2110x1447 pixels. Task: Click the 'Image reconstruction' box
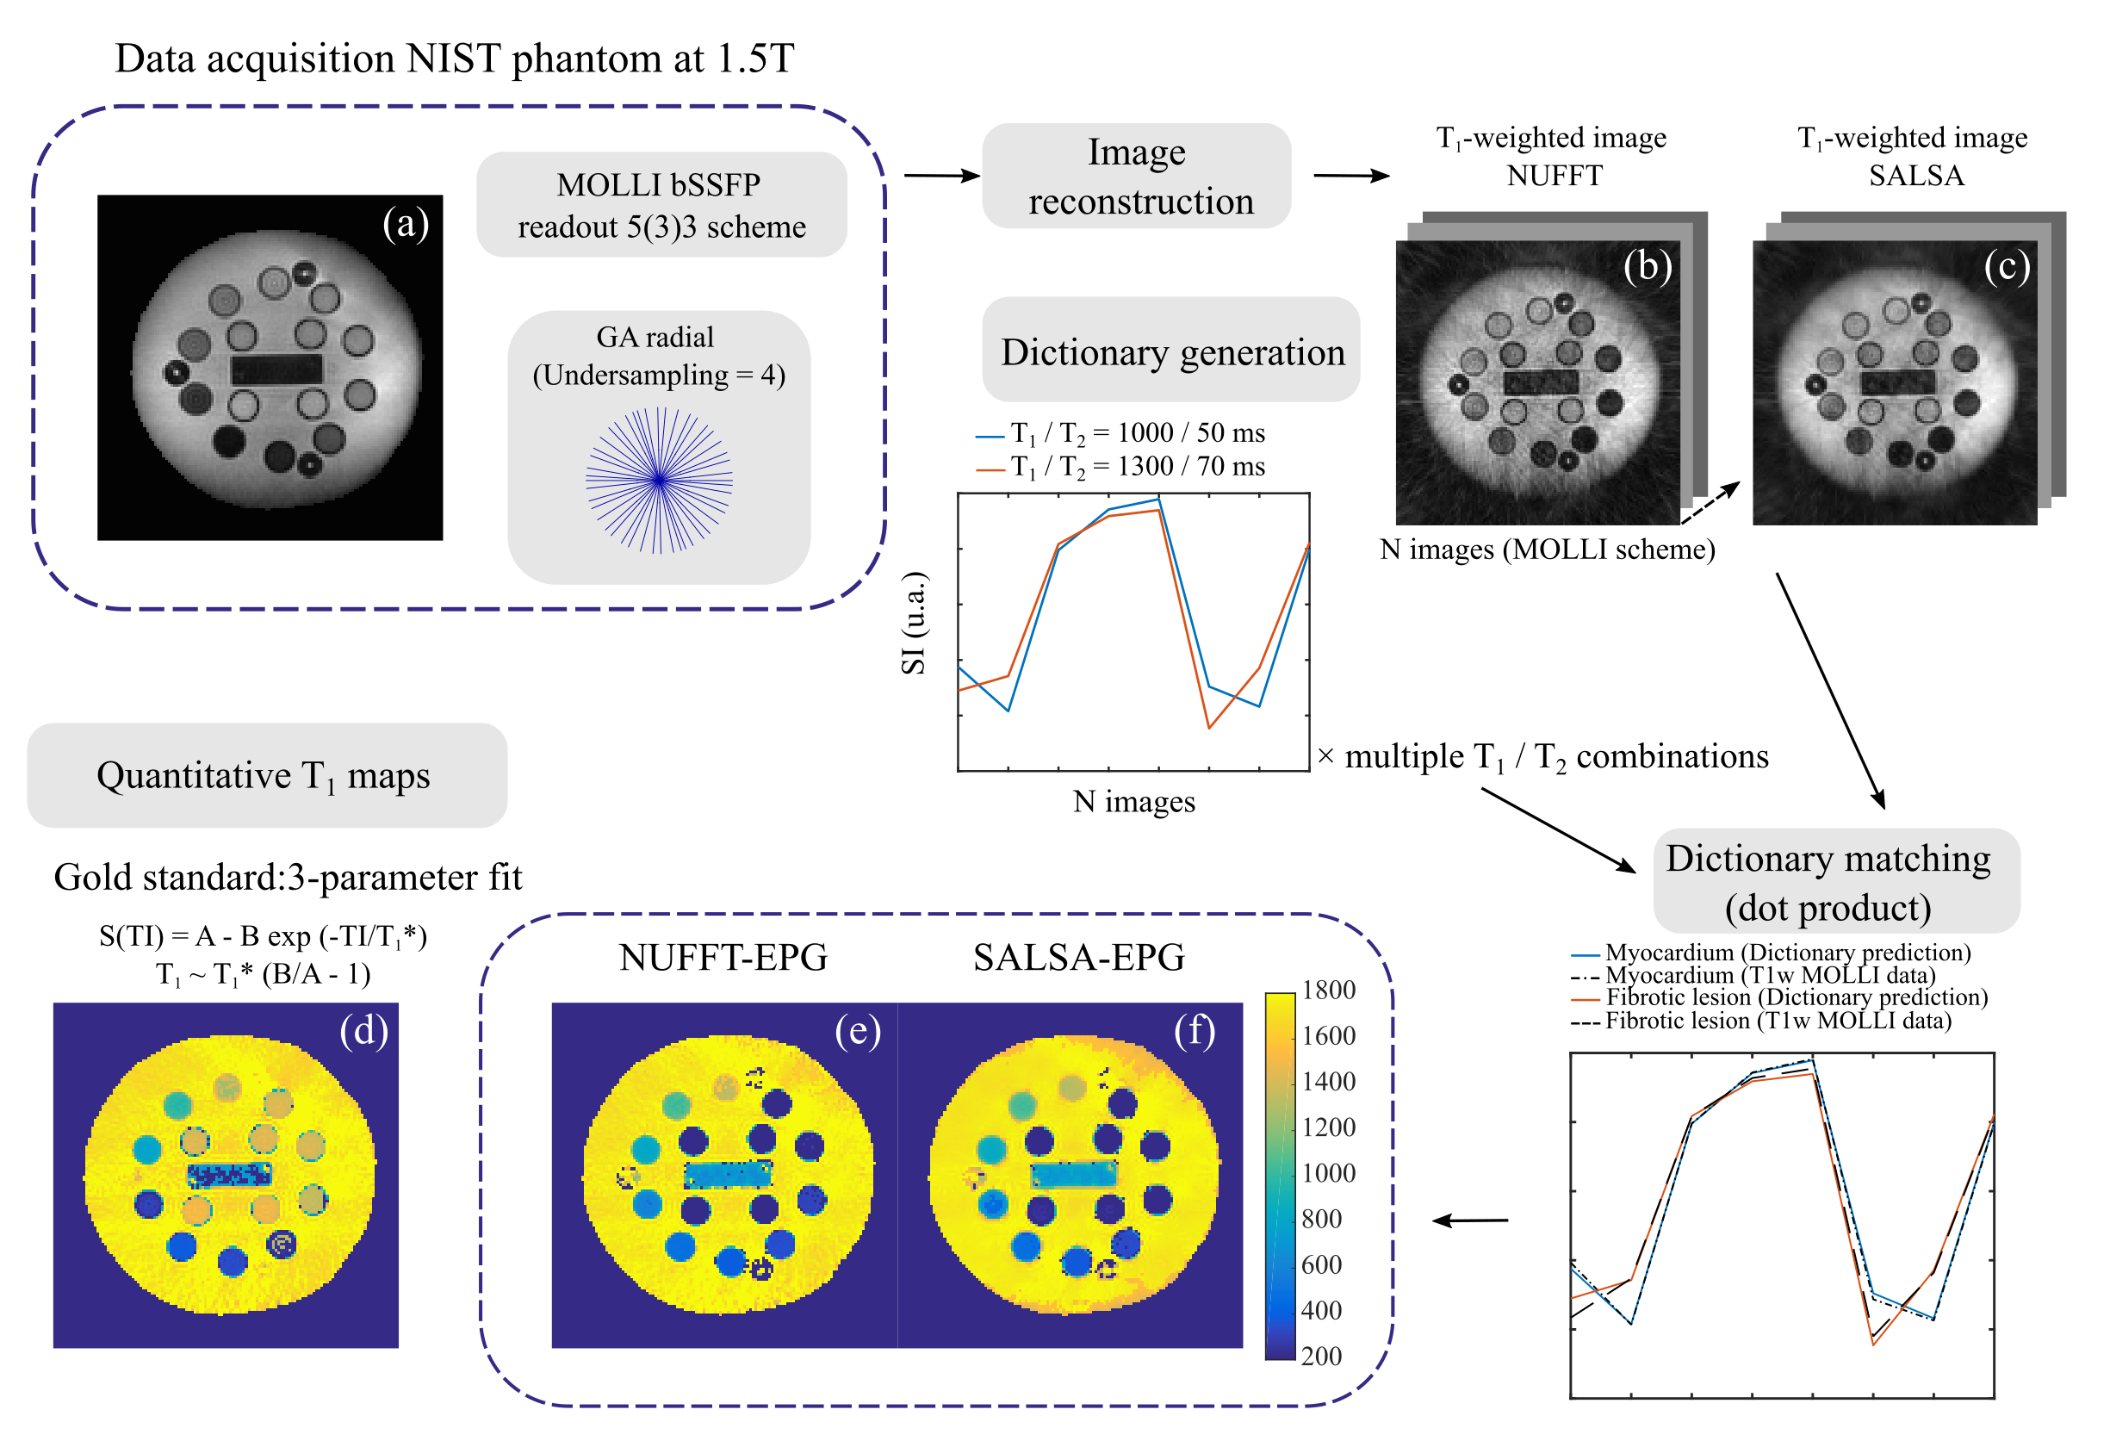point(1136,176)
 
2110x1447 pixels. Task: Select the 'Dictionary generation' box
point(1170,351)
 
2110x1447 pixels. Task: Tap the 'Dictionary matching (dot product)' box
point(1836,881)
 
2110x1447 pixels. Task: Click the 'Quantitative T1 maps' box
point(266,776)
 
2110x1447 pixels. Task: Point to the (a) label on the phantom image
point(405,223)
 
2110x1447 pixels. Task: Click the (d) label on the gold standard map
point(363,1030)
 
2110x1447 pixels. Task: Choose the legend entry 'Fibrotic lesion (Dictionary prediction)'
point(1795,997)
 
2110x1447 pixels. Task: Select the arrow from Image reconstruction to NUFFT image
point(1350,175)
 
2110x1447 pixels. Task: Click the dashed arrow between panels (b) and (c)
point(1710,502)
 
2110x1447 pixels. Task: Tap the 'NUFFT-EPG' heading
point(723,958)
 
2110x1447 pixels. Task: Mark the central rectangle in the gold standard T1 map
point(230,1175)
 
